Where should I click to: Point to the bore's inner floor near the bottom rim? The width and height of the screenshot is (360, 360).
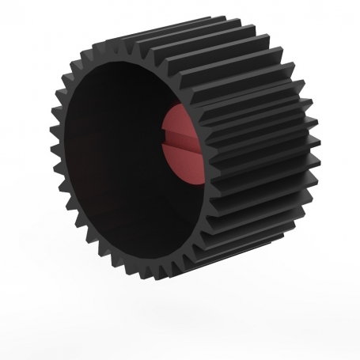coord(135,237)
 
